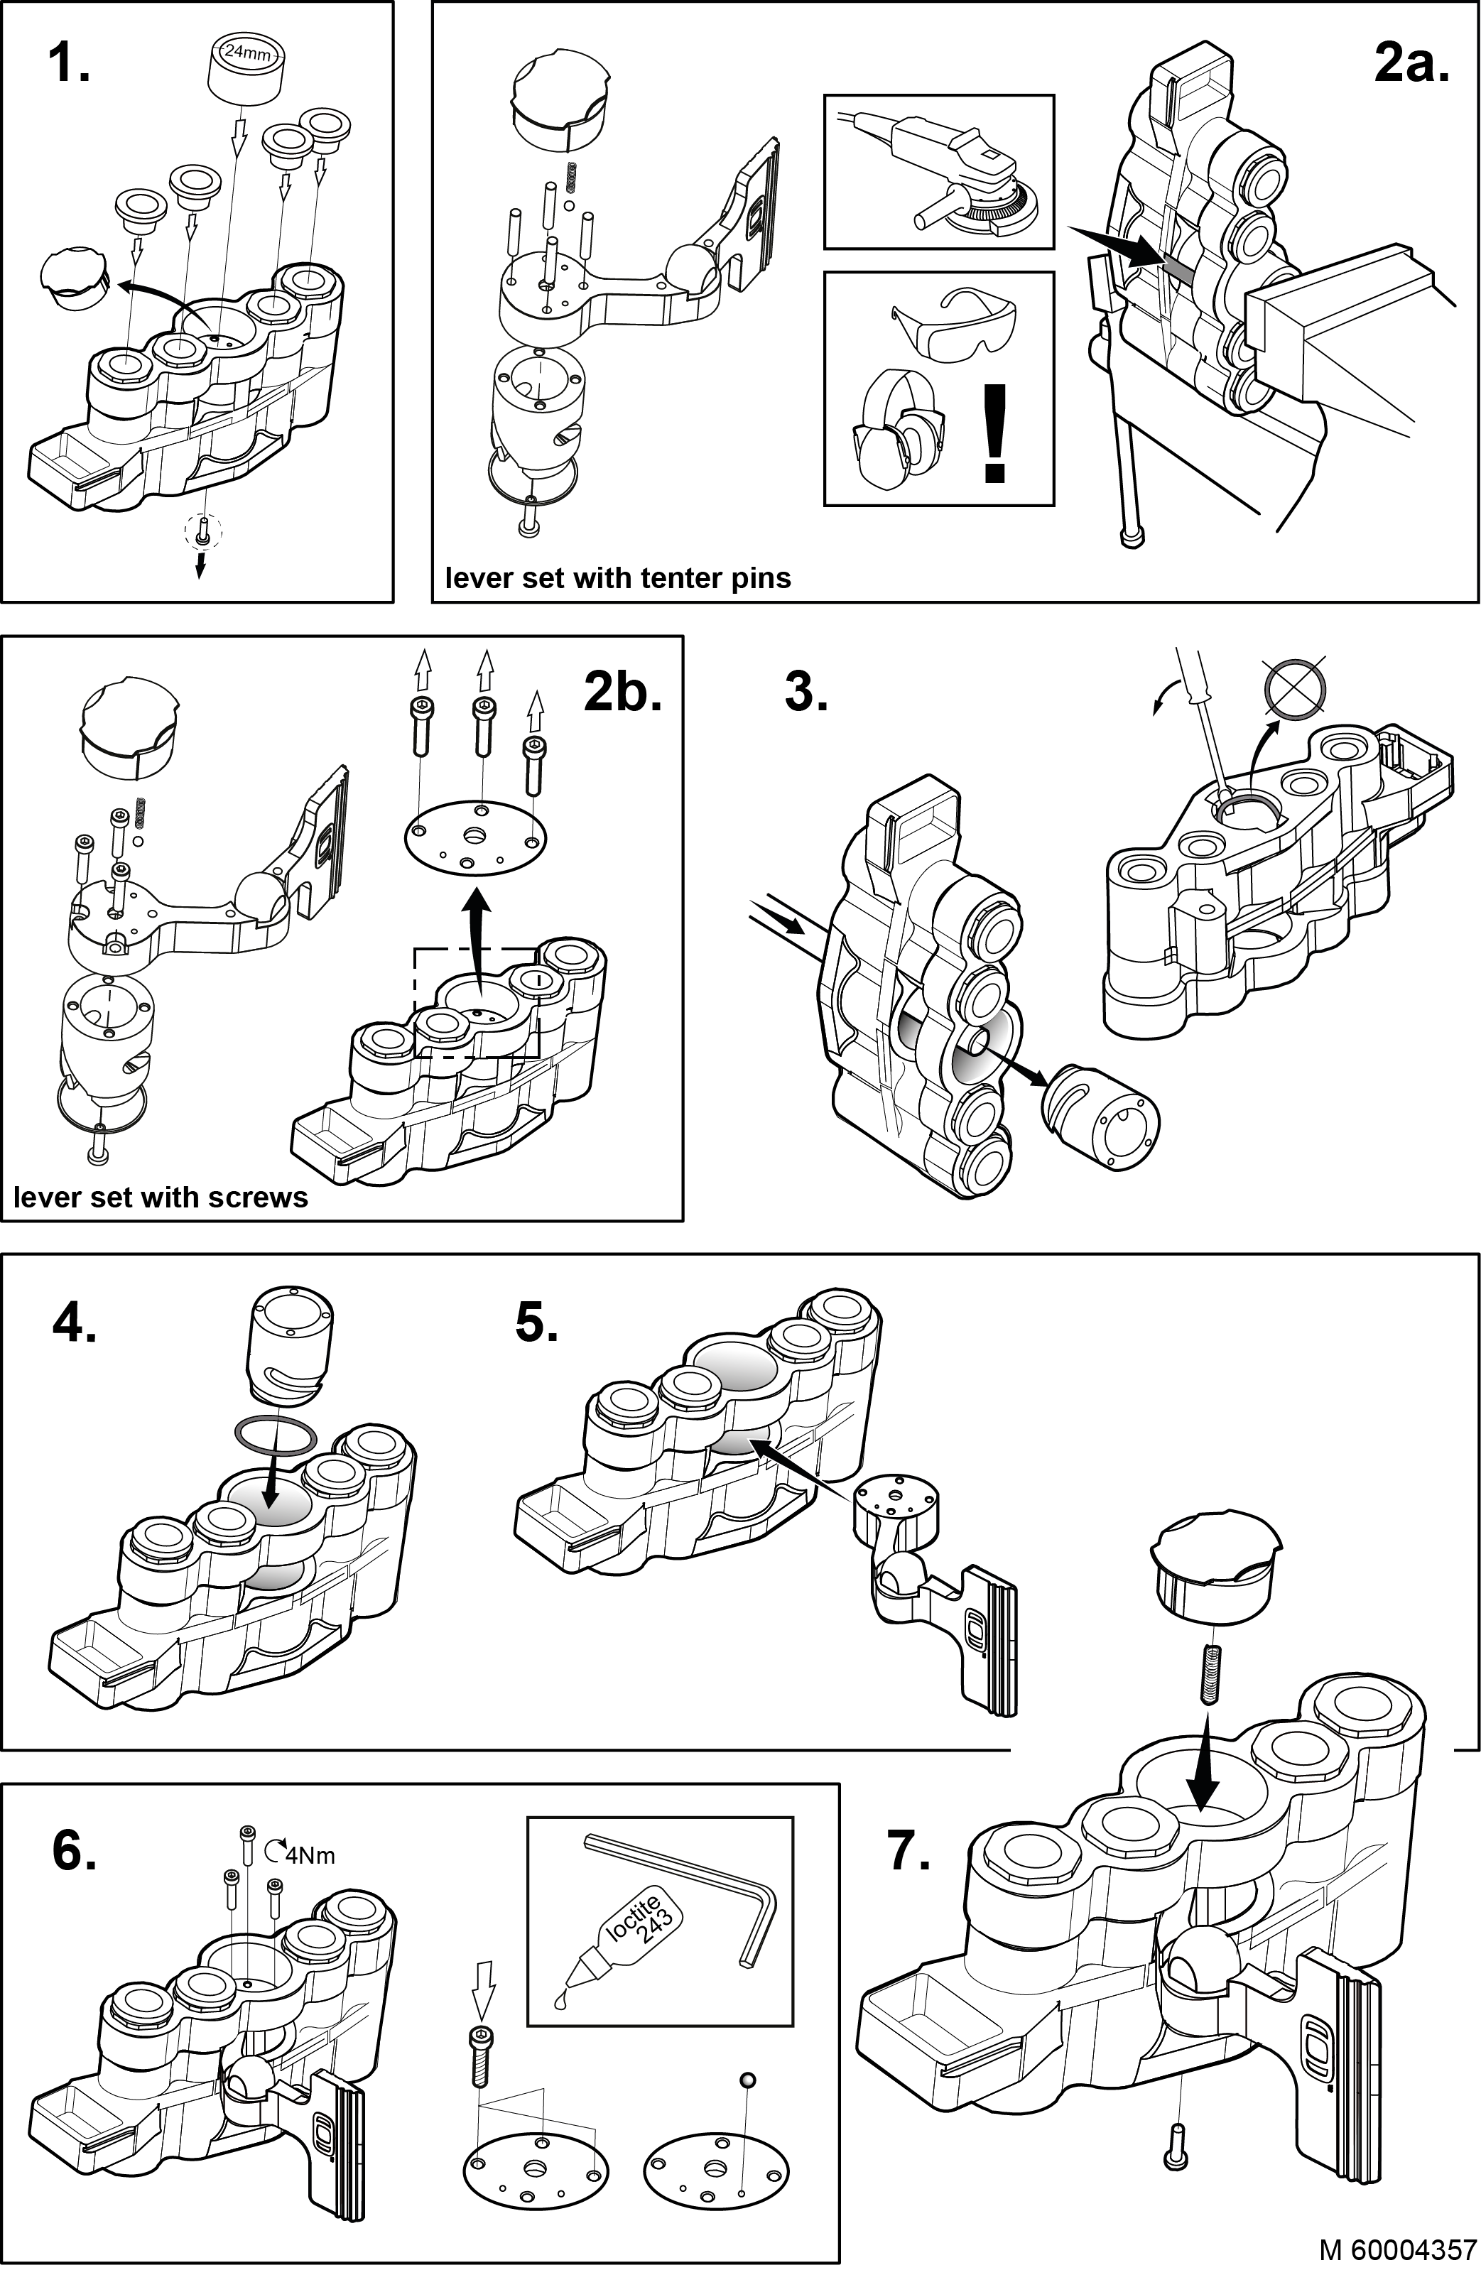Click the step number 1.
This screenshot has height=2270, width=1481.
[x=69, y=64]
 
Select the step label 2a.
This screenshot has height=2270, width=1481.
[x=1411, y=64]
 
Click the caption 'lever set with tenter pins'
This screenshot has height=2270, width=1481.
[x=618, y=578]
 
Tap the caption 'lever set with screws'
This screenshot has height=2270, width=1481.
[x=161, y=1197]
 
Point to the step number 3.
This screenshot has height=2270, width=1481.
[x=805, y=692]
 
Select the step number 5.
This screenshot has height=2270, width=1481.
[x=537, y=1323]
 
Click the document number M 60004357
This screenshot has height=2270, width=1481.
[x=1398, y=2249]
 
